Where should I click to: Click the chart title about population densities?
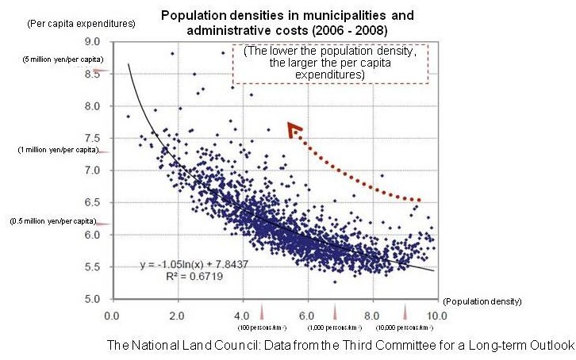288,23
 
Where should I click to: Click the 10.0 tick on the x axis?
434,314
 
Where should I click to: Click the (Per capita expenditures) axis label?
71,23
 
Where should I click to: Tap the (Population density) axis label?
483,301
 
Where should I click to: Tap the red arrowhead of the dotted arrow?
294,129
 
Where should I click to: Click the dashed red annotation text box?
329,63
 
